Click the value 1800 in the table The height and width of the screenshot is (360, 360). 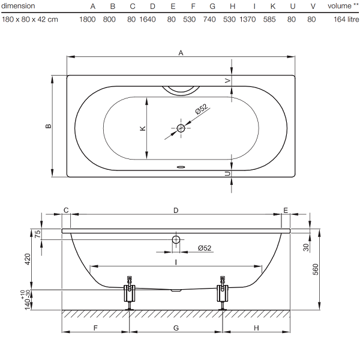coord(88,20)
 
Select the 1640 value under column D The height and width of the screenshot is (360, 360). coord(148,20)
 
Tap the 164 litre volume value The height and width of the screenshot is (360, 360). coord(346,20)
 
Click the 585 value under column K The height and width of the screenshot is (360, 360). coord(269,20)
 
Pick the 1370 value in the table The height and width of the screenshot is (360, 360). coord(247,20)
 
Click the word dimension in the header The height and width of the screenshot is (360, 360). coord(18,6)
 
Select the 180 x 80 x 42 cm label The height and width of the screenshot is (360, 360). coord(30,20)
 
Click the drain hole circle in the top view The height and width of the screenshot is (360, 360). coord(181,128)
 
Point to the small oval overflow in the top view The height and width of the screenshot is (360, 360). coord(181,167)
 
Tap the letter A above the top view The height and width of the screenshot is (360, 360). coord(181,53)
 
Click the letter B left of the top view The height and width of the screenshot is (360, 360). coord(49,126)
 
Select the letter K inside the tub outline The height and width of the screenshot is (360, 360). coord(143,128)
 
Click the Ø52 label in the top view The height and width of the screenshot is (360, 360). coord(202,109)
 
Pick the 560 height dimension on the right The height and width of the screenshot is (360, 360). coord(316,269)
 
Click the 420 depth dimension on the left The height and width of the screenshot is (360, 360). coord(28,259)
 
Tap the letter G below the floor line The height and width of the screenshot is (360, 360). coord(176,328)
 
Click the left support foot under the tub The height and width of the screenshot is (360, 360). coord(130,293)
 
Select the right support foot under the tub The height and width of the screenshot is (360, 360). coord(223,293)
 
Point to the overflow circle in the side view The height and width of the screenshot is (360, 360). coord(176,239)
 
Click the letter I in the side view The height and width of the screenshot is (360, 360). coord(176,262)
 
